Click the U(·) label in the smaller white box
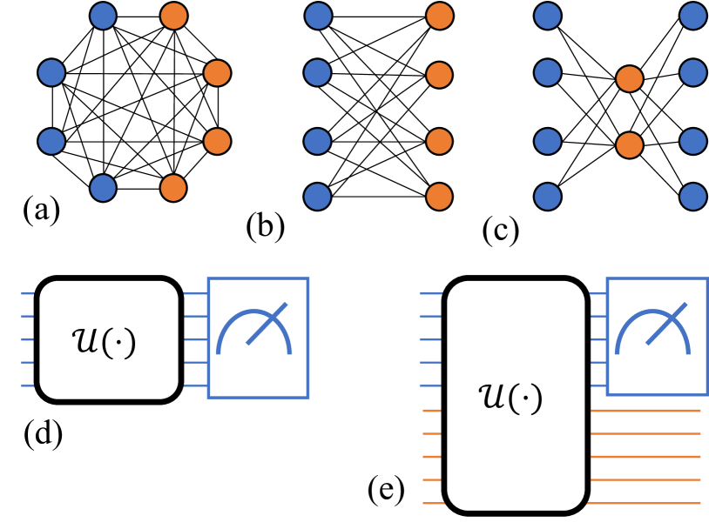(105, 341)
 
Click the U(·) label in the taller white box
(510, 398)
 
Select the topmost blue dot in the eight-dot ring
(103, 16)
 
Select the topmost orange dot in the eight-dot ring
(173, 16)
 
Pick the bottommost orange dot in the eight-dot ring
(173, 188)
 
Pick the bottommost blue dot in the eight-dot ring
(103, 188)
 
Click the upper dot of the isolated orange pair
(630, 79)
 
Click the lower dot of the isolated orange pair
(630, 144)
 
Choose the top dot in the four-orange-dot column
(440, 16)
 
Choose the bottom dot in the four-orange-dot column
(440, 197)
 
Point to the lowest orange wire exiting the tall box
(644, 503)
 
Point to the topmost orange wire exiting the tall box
(645, 410)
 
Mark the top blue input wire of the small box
(27, 294)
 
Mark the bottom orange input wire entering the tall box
(433, 503)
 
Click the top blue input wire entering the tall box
(431, 294)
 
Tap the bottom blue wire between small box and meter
(195, 385)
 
